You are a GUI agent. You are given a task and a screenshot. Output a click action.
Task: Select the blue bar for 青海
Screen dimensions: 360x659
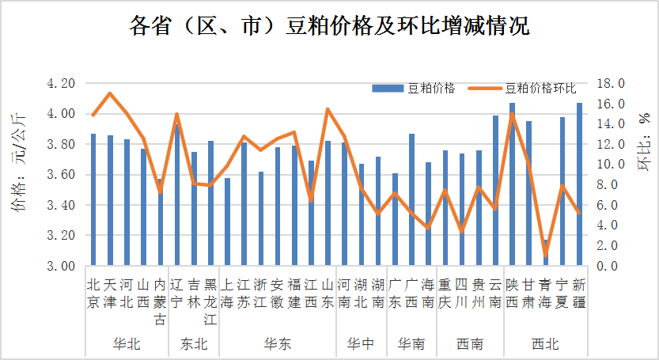tap(545, 252)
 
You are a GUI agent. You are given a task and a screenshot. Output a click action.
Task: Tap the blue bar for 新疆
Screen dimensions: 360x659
tap(579, 184)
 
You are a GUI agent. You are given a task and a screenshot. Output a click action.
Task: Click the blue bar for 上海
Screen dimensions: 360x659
tap(228, 222)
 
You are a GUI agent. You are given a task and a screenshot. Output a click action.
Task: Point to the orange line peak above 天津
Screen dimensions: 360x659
tap(110, 93)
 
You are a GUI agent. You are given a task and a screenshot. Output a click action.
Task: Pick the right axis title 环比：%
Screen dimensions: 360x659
tap(642, 142)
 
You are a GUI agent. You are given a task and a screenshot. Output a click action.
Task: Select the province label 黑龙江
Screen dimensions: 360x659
tap(210, 301)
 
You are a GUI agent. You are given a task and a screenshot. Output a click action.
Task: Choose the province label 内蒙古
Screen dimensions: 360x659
tap(161, 301)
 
